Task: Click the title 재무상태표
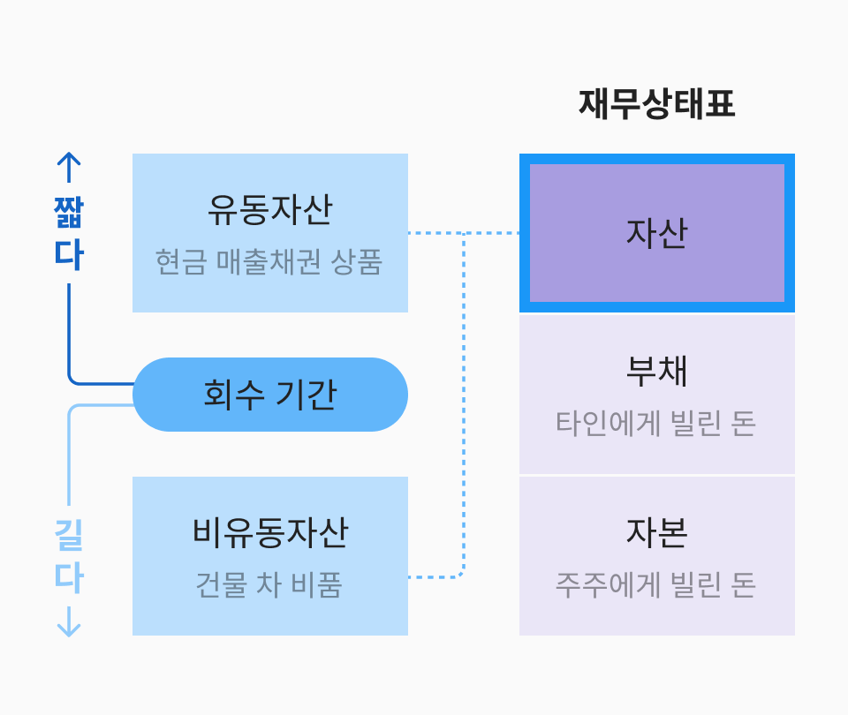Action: (656, 104)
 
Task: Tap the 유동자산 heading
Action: (269, 210)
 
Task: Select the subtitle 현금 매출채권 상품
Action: (269, 262)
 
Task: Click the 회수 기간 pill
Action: (270, 395)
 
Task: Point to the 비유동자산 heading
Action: (269, 533)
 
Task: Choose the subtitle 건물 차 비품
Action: (269, 584)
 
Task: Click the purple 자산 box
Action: (656, 233)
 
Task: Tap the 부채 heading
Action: (656, 372)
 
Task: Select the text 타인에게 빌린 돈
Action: (656, 424)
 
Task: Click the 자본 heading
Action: (656, 533)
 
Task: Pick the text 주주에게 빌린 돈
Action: (656, 584)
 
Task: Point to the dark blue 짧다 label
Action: (69, 233)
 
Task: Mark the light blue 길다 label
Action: (69, 556)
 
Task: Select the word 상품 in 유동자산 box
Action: (356, 262)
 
